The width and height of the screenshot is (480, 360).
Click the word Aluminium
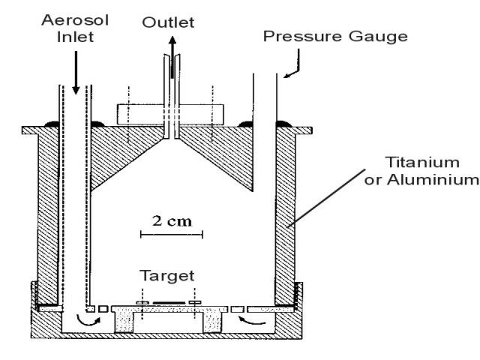(x=438, y=179)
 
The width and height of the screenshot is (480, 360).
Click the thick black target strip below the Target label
(x=168, y=303)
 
